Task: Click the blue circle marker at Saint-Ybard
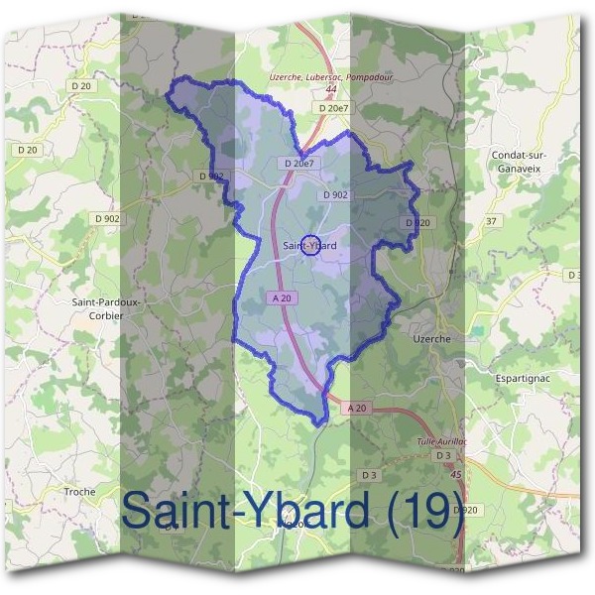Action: [309, 246]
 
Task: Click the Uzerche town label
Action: [430, 338]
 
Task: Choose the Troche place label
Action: [79, 492]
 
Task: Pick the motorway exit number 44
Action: [330, 89]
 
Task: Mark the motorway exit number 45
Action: [456, 476]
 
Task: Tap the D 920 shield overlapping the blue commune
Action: [417, 223]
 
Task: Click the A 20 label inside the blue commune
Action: [280, 297]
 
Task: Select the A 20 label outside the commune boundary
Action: [357, 408]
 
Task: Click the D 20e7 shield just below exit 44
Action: [334, 107]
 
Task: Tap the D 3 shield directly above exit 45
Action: [442, 455]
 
